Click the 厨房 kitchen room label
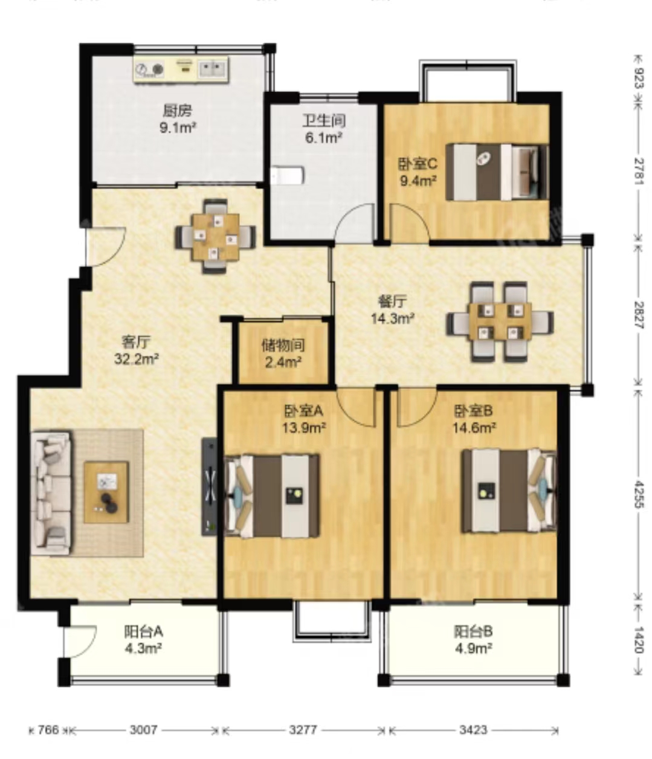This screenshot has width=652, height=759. [x=178, y=110]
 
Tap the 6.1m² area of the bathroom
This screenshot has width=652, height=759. [x=324, y=138]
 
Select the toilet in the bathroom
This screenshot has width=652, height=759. [x=288, y=175]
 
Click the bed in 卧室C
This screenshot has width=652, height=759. [x=497, y=172]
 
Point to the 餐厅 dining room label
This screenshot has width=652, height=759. [x=393, y=302]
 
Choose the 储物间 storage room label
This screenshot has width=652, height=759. [x=283, y=345]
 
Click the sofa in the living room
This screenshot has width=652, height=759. [x=51, y=494]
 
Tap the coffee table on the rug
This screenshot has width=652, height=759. [x=106, y=493]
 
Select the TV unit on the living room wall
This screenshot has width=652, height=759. [x=209, y=486]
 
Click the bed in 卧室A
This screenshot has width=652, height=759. [x=272, y=497]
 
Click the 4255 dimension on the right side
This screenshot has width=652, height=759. [x=639, y=494]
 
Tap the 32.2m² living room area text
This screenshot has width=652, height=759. [x=136, y=358]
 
